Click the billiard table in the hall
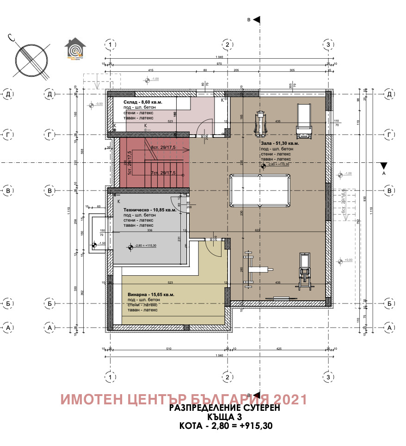[259, 190]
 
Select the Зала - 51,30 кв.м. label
[279, 143]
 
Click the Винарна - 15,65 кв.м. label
[151, 294]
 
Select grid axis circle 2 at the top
[227, 44]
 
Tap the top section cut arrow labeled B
[256, 19]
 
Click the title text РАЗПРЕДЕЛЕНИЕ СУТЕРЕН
[225, 408]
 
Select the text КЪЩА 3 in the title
[225, 417]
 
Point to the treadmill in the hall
[304, 121]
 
